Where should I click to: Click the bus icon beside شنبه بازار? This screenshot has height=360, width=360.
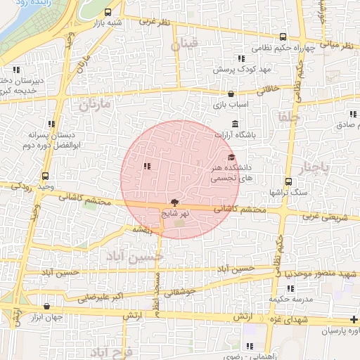(108, 12)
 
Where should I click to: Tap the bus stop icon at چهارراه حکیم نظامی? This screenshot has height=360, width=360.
(283, 37)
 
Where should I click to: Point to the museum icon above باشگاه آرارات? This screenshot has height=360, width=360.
(235, 124)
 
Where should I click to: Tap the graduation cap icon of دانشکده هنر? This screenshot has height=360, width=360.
(231, 157)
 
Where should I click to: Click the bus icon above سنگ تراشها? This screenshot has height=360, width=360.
(288, 181)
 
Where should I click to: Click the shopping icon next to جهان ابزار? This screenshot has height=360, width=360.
(46, 307)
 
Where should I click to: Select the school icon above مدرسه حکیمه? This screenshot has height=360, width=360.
(290, 288)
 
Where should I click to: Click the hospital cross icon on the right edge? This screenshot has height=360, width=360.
(353, 320)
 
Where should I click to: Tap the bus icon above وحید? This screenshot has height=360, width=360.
(46, 176)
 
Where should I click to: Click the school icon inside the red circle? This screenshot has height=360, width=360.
(147, 167)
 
